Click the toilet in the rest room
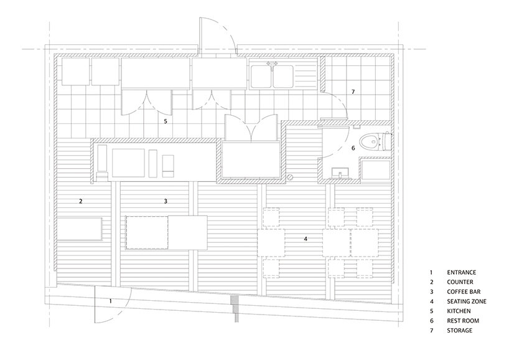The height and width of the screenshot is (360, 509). click(x=375, y=141)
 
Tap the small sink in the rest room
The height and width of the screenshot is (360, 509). click(x=340, y=173)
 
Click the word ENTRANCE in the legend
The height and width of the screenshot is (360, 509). click(x=461, y=273)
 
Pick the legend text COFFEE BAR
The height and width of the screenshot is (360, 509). click(x=464, y=291)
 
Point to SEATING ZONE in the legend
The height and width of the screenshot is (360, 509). click(x=467, y=301)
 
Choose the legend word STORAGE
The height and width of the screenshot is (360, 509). click(x=459, y=331)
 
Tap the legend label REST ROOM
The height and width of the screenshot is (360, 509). click(x=462, y=321)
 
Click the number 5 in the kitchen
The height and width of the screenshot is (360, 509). click(x=166, y=121)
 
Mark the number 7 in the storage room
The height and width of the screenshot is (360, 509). click(x=353, y=92)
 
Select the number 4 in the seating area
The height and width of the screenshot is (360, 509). click(x=306, y=239)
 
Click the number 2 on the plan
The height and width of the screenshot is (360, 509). click(x=80, y=201)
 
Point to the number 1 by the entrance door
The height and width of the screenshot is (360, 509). click(x=110, y=301)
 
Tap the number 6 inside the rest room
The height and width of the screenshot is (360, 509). click(x=353, y=148)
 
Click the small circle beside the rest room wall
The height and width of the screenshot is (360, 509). click(x=291, y=177)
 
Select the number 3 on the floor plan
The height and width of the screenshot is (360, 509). click(x=166, y=201)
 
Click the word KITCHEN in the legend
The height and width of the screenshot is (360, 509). click(x=459, y=311)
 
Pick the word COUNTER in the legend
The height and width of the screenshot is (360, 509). click(x=460, y=282)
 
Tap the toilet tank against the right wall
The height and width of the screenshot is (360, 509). click(x=387, y=141)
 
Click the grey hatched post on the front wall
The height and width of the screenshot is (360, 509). click(x=236, y=309)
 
